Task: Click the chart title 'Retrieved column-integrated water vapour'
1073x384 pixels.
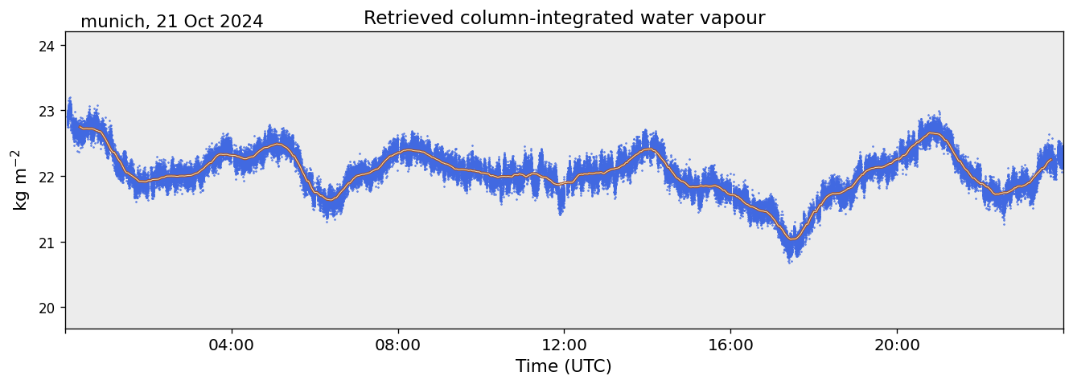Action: click(x=564, y=18)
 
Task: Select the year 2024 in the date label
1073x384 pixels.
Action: click(x=240, y=22)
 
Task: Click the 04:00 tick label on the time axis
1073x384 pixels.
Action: click(x=232, y=345)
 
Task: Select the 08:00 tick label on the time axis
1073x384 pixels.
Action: click(x=398, y=345)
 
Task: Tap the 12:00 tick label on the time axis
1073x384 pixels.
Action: click(x=564, y=345)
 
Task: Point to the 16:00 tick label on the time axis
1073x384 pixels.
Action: click(x=730, y=345)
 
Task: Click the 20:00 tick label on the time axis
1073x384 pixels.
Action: click(x=897, y=345)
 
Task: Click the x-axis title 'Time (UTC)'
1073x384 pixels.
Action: click(x=564, y=366)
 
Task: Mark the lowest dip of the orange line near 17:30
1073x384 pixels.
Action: click(x=792, y=239)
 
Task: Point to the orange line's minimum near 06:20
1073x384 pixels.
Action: click(x=330, y=200)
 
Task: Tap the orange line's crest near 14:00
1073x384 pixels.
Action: click(x=648, y=149)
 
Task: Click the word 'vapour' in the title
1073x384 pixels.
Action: click(x=736, y=18)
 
